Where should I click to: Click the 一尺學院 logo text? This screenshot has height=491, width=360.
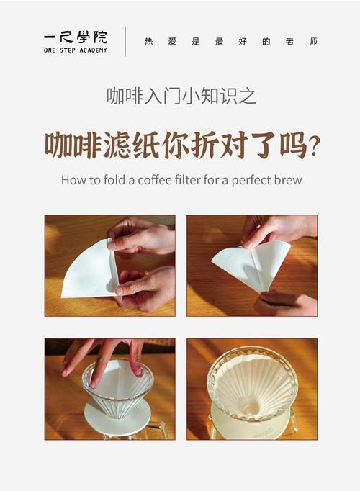(x=76, y=37)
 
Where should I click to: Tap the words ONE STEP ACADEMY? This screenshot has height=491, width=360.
(x=76, y=50)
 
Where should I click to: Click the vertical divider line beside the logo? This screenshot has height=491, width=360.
(x=125, y=41)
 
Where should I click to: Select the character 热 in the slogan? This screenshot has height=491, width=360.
(x=149, y=41)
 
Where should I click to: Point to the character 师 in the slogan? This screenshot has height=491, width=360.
(x=313, y=41)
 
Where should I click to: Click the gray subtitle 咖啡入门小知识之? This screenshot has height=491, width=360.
(x=181, y=96)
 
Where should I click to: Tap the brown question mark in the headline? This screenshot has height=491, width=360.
(x=315, y=147)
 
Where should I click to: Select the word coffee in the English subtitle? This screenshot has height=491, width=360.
(x=155, y=180)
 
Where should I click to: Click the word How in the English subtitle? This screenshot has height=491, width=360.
(x=71, y=180)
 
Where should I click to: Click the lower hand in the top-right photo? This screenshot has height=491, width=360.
(x=285, y=302)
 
